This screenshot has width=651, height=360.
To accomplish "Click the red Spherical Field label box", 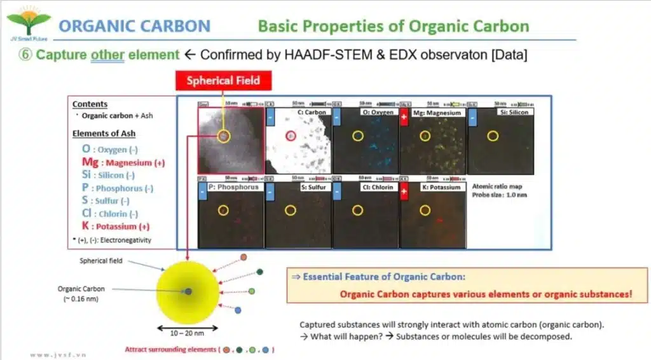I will tap(223, 81).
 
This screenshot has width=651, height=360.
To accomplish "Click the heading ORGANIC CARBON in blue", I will tap(134, 26).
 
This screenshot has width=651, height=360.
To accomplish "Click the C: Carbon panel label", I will tap(312, 113).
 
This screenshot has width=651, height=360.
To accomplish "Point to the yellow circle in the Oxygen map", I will tap(357, 135).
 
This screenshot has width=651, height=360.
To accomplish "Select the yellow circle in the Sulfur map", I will tap(290, 211).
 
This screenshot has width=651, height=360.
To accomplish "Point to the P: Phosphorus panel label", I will tap(233, 188).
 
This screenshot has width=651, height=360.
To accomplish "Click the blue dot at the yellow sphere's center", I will tap(188, 291).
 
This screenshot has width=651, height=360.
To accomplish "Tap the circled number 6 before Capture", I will tap(25, 55).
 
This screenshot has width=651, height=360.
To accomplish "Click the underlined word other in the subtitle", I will tap(108, 55).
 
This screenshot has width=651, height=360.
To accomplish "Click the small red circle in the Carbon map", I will tap(291, 135).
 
